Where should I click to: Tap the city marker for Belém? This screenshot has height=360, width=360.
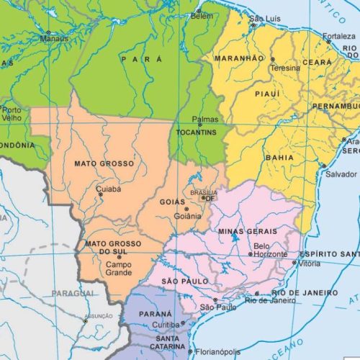tap(199, 12)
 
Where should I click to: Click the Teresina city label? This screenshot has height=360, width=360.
tap(284, 68)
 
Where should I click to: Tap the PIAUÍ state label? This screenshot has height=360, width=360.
tap(266, 94)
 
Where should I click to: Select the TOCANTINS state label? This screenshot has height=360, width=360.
tap(194, 133)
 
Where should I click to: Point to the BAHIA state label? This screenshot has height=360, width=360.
tap(279, 156)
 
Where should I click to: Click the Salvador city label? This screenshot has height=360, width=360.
tap(341, 174)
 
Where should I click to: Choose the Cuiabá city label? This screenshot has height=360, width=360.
tap(109, 189)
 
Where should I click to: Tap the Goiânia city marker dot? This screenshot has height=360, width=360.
tap(186, 209)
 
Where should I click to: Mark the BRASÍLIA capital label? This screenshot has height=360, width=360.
tap(203, 192)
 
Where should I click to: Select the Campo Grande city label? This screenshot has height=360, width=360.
tap(119, 269)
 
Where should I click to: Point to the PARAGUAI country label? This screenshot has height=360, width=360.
tap(73, 294)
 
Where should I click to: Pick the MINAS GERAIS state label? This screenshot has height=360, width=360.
tap(246, 230)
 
